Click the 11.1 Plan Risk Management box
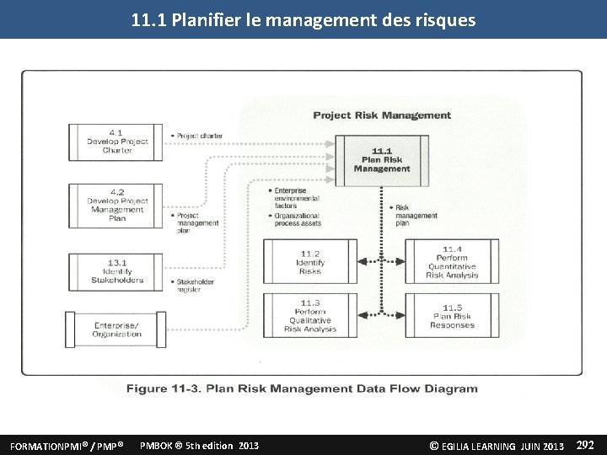coord(381,159)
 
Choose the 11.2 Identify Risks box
coord(309,261)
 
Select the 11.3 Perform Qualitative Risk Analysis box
coord(309,315)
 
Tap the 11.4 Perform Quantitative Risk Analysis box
coord(451,261)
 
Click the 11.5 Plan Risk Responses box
coord(451,315)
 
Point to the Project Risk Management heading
coord(382,115)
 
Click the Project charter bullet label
coord(199,136)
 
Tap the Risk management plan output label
coord(416,216)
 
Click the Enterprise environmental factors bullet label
coord(296,197)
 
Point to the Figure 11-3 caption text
coord(302,388)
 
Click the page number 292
coord(585,444)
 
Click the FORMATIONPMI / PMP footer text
coord(67,445)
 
